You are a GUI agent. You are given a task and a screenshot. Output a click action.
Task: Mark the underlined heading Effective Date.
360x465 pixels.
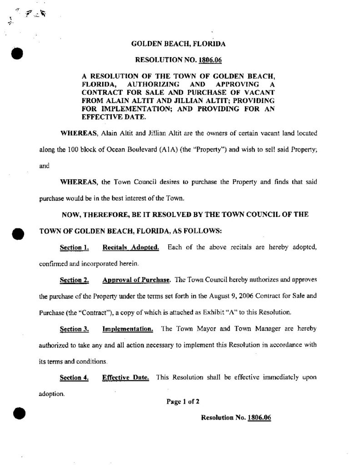(x=126, y=378)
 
